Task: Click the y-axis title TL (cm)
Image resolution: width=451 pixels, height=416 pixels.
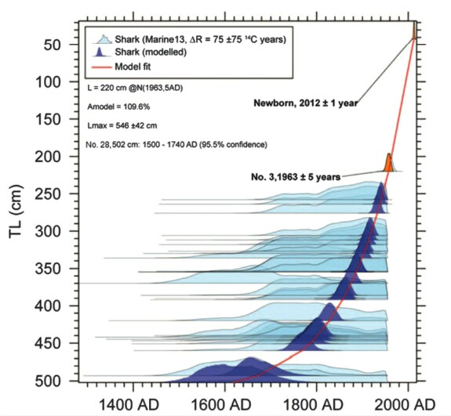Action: click(x=16, y=212)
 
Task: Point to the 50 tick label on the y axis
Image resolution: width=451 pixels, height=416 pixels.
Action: click(x=53, y=45)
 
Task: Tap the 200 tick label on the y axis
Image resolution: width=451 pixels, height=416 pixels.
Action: click(x=48, y=157)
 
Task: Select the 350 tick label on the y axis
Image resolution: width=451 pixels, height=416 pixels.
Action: click(x=48, y=269)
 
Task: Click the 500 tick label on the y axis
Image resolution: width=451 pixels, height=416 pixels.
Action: click(x=48, y=382)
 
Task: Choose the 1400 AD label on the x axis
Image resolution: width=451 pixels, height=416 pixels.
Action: click(x=129, y=405)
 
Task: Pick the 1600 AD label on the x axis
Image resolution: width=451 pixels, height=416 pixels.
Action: click(x=220, y=405)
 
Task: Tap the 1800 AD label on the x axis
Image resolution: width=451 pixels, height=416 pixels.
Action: click(x=313, y=405)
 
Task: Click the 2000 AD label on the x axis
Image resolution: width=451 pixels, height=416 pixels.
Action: click(x=405, y=405)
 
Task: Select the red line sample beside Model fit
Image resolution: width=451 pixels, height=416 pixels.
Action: click(x=101, y=67)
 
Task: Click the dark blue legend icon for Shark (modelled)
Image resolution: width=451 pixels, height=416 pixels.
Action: click(x=100, y=52)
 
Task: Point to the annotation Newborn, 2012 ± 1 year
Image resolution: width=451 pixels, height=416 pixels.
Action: click(x=306, y=103)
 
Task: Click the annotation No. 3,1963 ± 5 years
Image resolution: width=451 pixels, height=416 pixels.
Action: click(x=296, y=177)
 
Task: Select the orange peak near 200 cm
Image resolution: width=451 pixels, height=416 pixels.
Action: click(x=389, y=163)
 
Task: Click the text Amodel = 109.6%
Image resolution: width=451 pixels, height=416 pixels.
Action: click(x=118, y=107)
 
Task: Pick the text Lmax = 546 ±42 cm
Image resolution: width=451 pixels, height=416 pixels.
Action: click(x=122, y=125)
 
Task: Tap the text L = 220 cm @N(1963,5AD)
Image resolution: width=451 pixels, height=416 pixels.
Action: click(x=135, y=88)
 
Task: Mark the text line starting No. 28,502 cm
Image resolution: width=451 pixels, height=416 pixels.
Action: click(x=176, y=144)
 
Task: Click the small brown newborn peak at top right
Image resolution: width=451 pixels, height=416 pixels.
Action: click(x=414, y=31)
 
